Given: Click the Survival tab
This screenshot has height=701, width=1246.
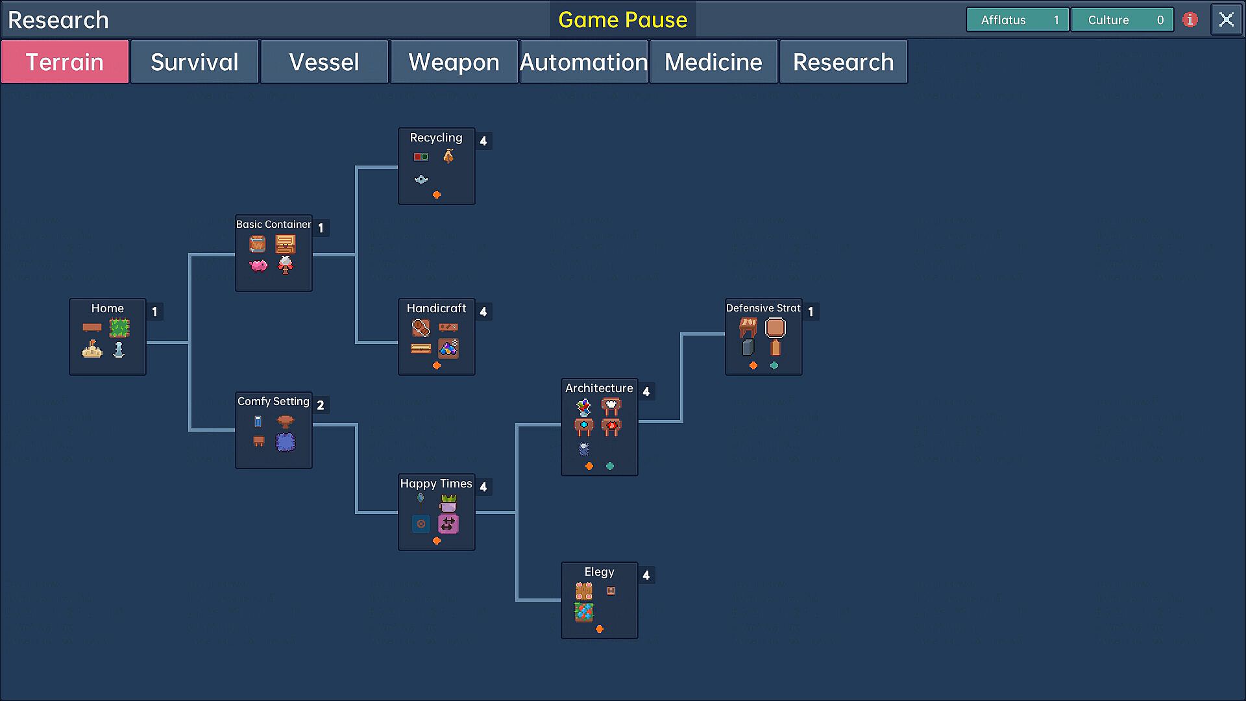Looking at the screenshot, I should [x=194, y=62].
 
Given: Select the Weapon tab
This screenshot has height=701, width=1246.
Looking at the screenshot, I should [x=454, y=62].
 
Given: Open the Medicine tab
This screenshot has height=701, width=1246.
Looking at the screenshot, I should [x=713, y=62].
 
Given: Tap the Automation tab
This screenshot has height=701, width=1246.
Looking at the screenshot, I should [x=583, y=62].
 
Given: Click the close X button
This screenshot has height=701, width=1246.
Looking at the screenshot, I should [x=1226, y=20].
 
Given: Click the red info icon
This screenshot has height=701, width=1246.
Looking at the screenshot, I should [x=1190, y=20].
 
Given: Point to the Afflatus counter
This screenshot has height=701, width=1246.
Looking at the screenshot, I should [x=1017, y=20].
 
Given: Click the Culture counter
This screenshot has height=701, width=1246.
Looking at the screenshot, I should [x=1121, y=20].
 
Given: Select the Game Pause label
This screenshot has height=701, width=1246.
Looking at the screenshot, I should [x=622, y=20].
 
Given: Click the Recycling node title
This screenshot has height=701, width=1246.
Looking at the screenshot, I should [x=436, y=138].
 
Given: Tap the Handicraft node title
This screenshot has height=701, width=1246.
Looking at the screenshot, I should [x=436, y=308].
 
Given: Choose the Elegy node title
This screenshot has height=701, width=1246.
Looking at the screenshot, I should [x=599, y=572].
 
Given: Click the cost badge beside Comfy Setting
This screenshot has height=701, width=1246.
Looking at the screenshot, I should [x=321, y=405].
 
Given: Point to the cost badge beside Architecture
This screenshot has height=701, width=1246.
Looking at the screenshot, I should [x=646, y=391].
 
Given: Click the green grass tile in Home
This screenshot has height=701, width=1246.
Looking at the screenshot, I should [x=119, y=328].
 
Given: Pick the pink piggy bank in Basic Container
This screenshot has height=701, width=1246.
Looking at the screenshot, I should [x=258, y=265].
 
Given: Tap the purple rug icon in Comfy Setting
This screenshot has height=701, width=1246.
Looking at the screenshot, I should [x=286, y=442].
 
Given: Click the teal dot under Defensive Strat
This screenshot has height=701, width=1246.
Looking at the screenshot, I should [x=774, y=365].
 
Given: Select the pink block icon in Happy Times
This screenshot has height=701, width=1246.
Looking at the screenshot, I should [x=448, y=523].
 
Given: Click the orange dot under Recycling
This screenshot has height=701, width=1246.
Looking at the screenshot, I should [x=437, y=195].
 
